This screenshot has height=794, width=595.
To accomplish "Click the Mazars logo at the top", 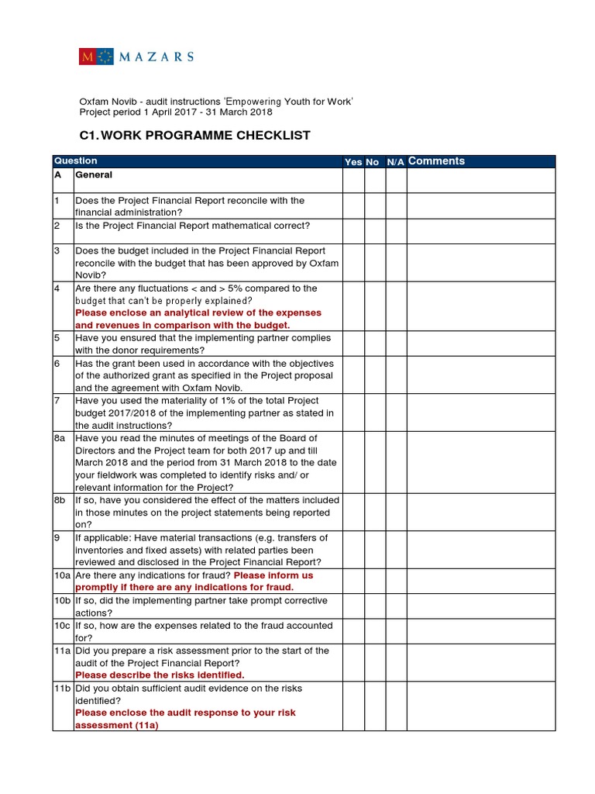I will click(x=136, y=57).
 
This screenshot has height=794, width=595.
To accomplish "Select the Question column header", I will click(x=75, y=161).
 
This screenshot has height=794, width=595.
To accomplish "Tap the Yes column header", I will click(x=353, y=162).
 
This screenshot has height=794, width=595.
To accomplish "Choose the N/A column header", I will click(x=395, y=162).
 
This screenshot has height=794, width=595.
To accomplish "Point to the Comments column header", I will click(x=436, y=161).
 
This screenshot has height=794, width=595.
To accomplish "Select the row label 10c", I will click(x=63, y=626).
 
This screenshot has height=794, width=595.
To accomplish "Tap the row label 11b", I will click(x=63, y=688).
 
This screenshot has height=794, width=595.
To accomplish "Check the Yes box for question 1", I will click(x=353, y=206).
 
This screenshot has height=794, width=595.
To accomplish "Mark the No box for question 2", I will click(x=374, y=231).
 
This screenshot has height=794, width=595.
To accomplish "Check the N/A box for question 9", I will click(x=396, y=550).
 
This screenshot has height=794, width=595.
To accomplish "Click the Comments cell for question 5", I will click(x=480, y=343).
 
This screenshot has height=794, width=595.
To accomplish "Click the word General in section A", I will click(x=94, y=176).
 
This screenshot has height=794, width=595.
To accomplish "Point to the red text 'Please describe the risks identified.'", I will click(x=160, y=675).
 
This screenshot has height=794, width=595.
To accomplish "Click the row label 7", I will click(x=57, y=400).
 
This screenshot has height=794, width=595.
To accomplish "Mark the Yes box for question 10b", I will click(x=353, y=606).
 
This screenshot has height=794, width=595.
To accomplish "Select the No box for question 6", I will click(x=374, y=375).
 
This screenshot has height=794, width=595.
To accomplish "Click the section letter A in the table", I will click(x=57, y=176).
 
